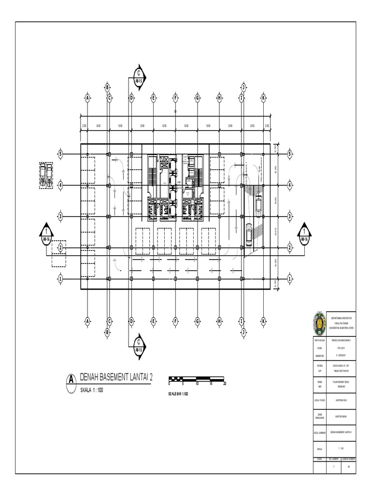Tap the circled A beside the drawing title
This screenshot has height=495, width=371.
[71, 379]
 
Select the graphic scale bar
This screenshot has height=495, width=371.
[197, 379]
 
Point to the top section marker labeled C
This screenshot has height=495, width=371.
[138, 78]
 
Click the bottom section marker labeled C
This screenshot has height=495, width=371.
[138, 344]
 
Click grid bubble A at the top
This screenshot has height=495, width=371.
[87, 98]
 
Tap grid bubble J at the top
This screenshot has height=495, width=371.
[243, 87]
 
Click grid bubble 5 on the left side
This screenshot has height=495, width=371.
[61, 154]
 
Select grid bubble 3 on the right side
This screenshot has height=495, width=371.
[290, 216]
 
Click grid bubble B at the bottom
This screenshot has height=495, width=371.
[107, 331]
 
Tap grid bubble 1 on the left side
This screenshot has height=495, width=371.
[61, 279]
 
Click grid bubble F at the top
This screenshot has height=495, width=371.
[175, 98]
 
